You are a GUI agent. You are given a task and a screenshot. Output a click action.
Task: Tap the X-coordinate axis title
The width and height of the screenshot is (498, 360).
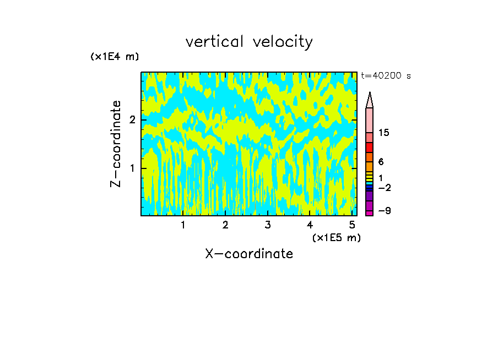point(249,254)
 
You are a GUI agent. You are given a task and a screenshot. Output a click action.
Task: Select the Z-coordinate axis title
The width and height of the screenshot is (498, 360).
point(116,143)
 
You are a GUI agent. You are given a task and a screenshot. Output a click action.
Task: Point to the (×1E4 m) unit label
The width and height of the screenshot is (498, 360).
point(115,57)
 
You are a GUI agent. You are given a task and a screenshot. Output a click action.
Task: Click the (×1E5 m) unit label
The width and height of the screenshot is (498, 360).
point(336,237)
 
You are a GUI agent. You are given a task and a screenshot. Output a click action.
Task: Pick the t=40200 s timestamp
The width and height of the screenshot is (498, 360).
point(386,76)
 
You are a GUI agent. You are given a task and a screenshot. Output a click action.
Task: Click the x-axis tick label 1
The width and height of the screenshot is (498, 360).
point(183,225)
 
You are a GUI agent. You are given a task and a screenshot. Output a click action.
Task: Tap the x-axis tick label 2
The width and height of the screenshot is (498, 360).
point(225,225)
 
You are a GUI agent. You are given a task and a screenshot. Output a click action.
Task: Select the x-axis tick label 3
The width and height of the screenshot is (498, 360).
point(267,225)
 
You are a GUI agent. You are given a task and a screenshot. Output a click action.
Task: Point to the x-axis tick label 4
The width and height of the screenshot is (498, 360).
point(310,225)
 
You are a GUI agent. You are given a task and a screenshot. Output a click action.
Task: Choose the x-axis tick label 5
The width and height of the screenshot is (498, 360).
point(352,225)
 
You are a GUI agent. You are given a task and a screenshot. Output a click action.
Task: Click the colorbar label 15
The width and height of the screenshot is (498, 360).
point(384,133)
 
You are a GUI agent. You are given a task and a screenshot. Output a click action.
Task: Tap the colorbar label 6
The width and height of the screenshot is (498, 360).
point(381,162)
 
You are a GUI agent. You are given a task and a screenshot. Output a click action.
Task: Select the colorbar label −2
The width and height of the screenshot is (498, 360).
point(384,188)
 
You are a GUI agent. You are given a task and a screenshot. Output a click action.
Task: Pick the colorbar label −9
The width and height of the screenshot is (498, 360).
point(384,211)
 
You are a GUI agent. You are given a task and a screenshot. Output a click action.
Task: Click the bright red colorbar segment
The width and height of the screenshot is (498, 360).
point(370,148)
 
